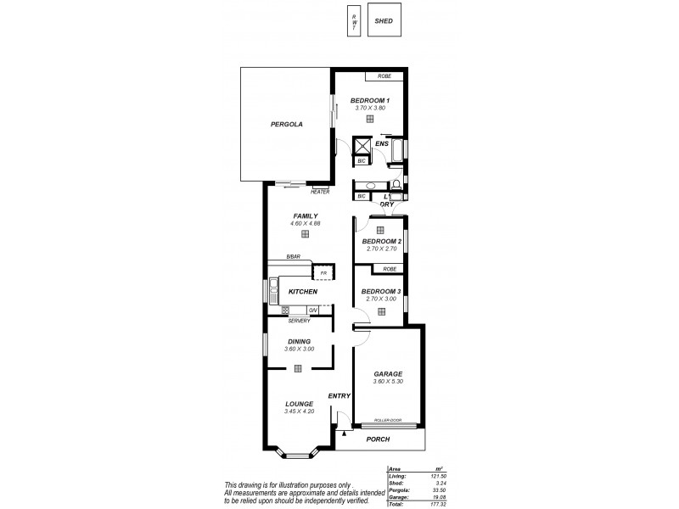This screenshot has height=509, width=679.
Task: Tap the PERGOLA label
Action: tap(287, 124)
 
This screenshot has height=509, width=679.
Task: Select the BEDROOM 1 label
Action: tap(369, 101)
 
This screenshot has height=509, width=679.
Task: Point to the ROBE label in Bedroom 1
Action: tap(384, 76)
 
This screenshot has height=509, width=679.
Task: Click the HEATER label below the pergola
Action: tap(320, 192)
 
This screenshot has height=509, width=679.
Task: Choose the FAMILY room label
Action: tap(305, 215)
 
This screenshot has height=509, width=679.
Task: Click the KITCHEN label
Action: tap(303, 292)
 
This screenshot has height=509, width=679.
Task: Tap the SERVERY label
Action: tap(299, 321)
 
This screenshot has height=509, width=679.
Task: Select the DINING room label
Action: tap(299, 341)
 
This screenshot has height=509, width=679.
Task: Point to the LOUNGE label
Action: tap(299, 404)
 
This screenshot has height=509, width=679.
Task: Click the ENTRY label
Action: tap(339, 396)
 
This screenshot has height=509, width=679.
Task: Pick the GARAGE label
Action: tap(388, 373)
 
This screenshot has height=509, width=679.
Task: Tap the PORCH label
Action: tap(378, 439)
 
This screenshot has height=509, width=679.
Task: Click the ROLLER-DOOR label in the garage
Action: tap(387, 420)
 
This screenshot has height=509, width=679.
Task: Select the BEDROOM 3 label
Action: tap(380, 291)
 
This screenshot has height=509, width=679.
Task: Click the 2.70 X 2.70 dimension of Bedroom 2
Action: tap(379, 249)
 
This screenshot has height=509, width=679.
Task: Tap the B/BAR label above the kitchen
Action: tap(293, 256)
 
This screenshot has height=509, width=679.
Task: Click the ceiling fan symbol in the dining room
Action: tap(299, 368)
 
